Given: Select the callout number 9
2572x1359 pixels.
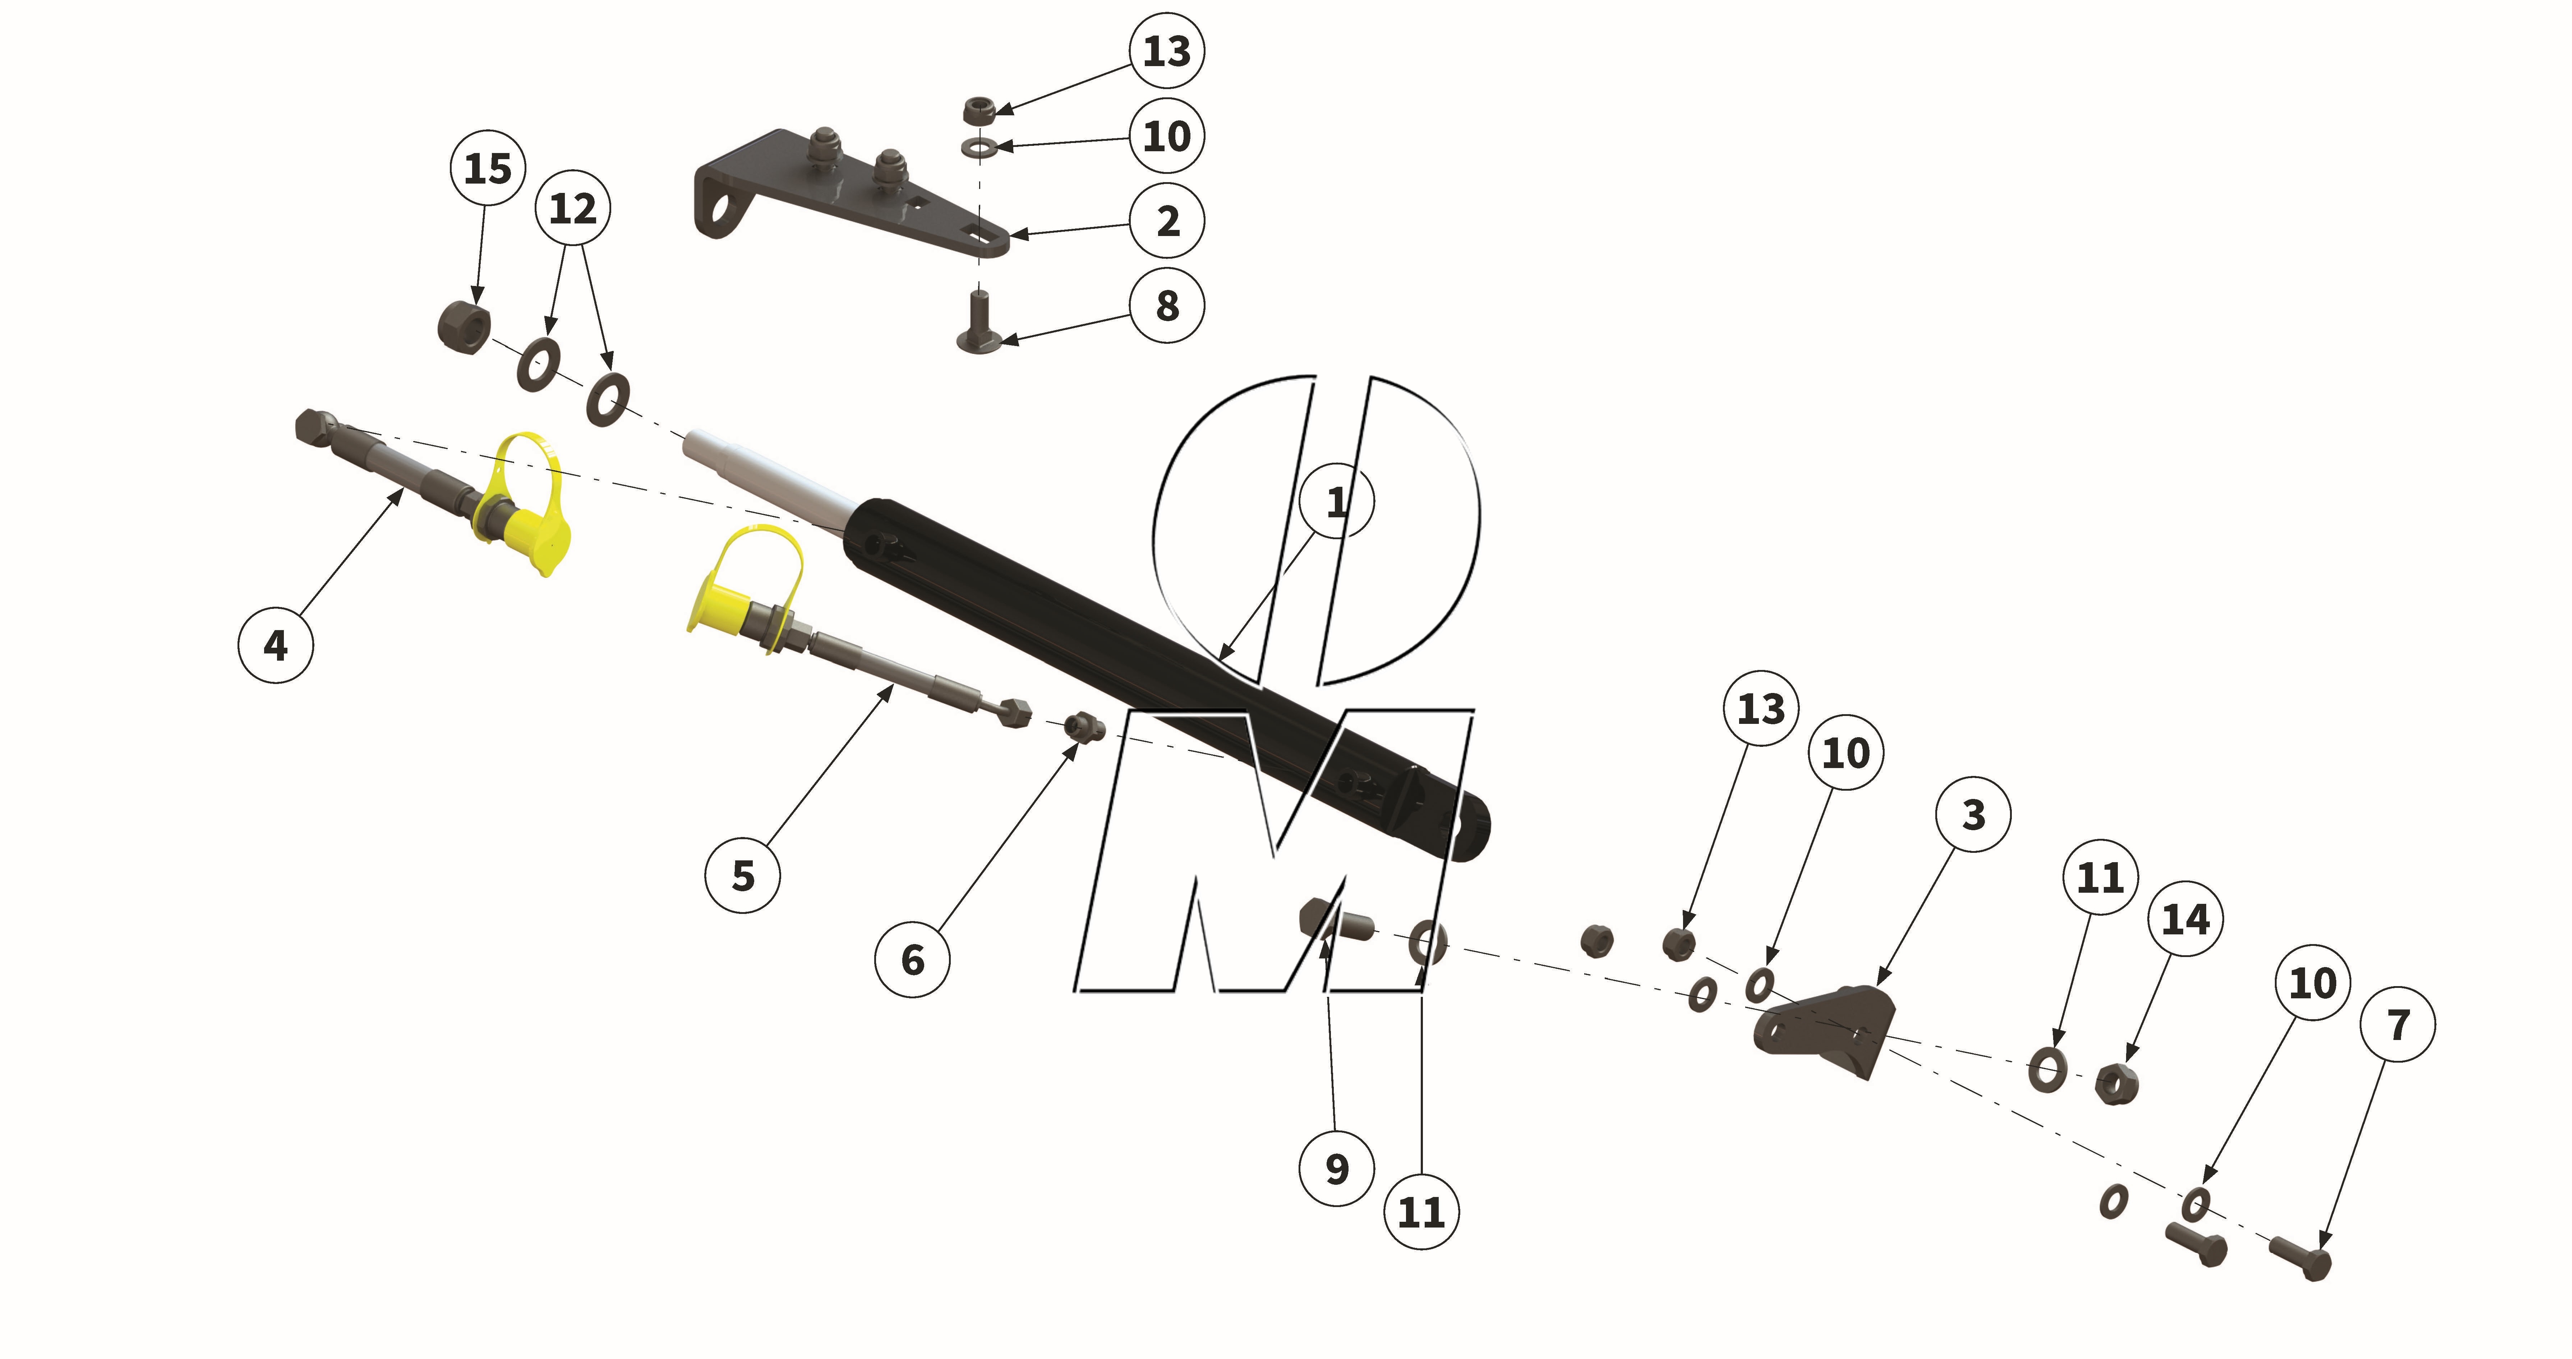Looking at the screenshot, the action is (x=1337, y=1168).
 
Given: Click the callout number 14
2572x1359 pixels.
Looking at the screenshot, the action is (x=2186, y=919).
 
